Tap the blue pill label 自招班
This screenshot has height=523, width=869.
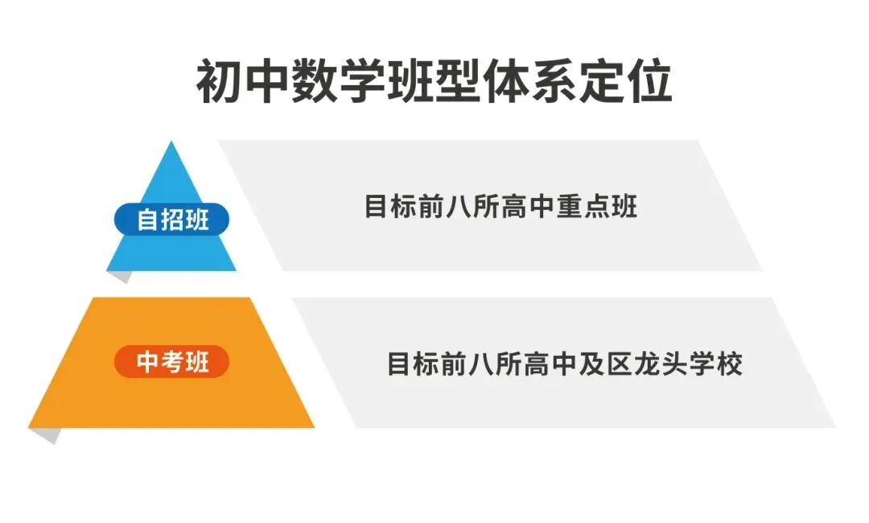pyautogui.click(x=172, y=219)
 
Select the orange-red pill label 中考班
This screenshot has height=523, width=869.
pyautogui.click(x=172, y=362)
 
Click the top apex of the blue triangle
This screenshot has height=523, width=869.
pyautogui.click(x=171, y=146)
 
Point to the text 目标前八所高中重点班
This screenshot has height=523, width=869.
pyautogui.click(x=500, y=207)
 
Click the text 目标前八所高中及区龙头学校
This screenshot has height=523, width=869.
pyautogui.click(x=564, y=364)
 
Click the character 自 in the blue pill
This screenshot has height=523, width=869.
pyautogui.click(x=147, y=219)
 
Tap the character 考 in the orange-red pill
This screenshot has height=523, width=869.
pyautogui.click(x=172, y=362)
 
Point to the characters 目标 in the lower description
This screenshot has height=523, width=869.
pyautogui.click(x=413, y=364)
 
